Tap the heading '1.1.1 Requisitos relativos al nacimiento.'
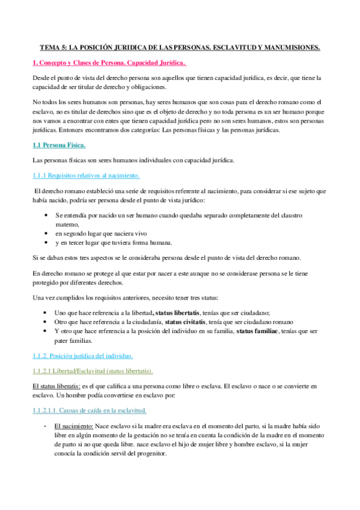pos(85,175)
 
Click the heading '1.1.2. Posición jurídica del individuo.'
pos(83,355)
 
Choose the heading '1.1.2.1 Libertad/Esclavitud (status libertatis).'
pos(93,370)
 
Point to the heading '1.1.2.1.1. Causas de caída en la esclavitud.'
pos(89,410)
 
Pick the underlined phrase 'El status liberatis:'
pos(57,385)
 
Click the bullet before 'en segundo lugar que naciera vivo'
pos(47,233)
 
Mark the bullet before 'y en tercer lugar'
pos(47,242)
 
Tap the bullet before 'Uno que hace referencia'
pos(47,313)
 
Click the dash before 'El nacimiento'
pos(46,425)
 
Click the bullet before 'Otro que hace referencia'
pos(47,322)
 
